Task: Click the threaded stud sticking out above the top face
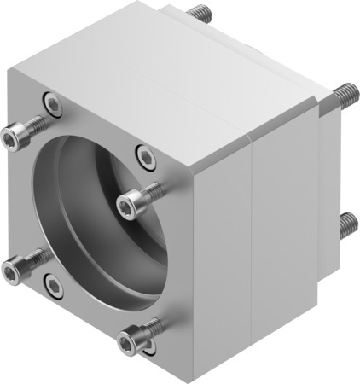point(201,14)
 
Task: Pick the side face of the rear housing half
point(286,213)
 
